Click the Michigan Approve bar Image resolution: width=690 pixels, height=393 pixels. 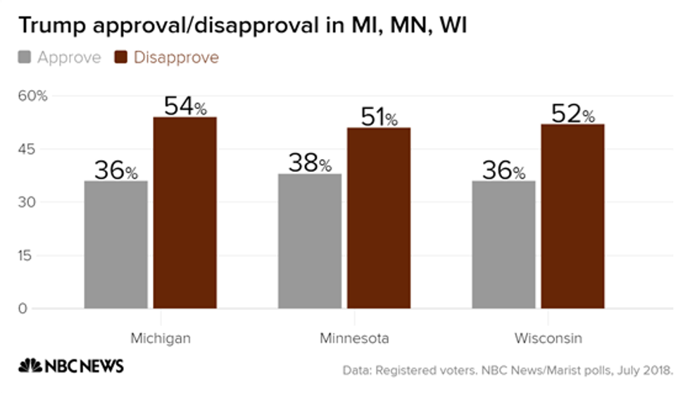click(x=115, y=244)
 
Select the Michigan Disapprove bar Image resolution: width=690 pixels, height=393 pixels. click(x=185, y=213)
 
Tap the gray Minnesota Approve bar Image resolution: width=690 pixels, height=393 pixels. click(x=309, y=241)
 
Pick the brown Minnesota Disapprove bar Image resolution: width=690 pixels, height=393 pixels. click(x=379, y=218)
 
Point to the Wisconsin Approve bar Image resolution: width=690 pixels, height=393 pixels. click(x=503, y=244)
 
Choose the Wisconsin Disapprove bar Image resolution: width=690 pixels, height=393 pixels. click(x=572, y=216)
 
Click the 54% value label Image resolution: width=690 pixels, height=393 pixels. click(x=185, y=106)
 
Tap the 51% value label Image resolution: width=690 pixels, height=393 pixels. click(x=379, y=117)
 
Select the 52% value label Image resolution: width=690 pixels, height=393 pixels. click(x=572, y=113)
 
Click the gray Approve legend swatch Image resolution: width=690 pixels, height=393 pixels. click(x=25, y=58)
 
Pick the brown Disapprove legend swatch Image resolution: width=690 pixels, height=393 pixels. click(x=121, y=58)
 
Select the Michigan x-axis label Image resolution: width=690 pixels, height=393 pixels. click(x=161, y=338)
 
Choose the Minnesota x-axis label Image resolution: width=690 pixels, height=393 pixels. click(x=353, y=338)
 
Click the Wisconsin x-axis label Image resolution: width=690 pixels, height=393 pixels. click(x=548, y=338)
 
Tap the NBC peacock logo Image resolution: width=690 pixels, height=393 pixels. click(x=30, y=366)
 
